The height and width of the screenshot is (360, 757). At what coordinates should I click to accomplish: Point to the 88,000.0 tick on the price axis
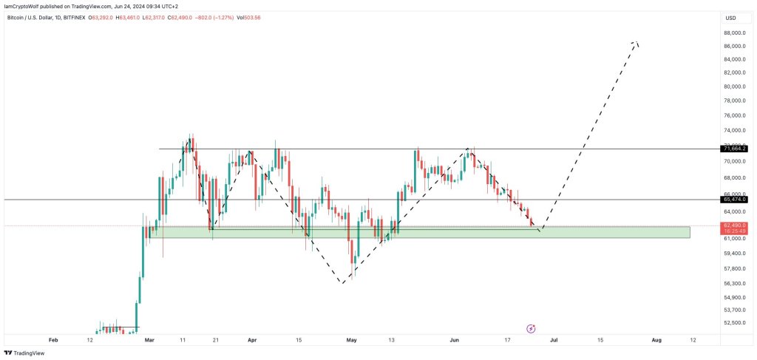click(x=734, y=33)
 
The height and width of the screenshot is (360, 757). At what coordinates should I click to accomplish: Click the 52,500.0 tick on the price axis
click(x=734, y=322)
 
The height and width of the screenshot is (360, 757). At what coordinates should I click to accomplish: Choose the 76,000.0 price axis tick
click(x=734, y=115)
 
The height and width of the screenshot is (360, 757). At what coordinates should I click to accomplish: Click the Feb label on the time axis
click(x=52, y=340)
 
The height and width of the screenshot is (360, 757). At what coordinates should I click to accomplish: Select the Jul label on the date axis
click(x=554, y=340)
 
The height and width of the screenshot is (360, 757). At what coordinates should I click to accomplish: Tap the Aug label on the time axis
click(x=656, y=340)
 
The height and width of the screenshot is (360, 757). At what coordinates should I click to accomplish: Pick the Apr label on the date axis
click(x=252, y=340)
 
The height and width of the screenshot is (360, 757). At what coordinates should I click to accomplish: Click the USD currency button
click(x=730, y=18)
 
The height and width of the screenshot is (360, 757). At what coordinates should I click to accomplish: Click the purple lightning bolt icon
click(x=531, y=328)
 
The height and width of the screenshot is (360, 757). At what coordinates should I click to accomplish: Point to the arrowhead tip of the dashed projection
click(x=634, y=42)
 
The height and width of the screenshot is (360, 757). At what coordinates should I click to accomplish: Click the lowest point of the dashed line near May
click(x=343, y=283)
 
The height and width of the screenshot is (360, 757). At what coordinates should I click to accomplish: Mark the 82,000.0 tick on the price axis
click(x=734, y=72)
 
